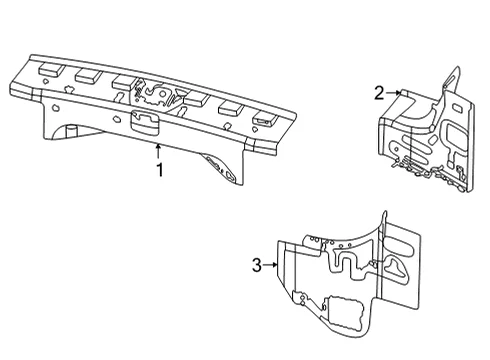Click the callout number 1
pyautogui.click(x=160, y=170)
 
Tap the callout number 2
pyautogui.click(x=379, y=93)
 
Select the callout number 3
pyautogui.click(x=257, y=265)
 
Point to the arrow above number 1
pyautogui.click(x=158, y=151)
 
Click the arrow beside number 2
pyautogui.click(x=393, y=93)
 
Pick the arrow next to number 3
pyautogui.click(x=270, y=265)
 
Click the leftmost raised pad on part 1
pyautogui.click(x=51, y=69)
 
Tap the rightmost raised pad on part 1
pyautogui.click(x=265, y=119)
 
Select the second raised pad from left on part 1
pyautogui.click(x=88, y=76)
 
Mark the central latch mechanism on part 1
pyautogui.click(x=156, y=94)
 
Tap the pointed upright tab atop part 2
pyautogui.click(x=453, y=79)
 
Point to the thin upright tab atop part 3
pyautogui.click(x=385, y=223)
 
